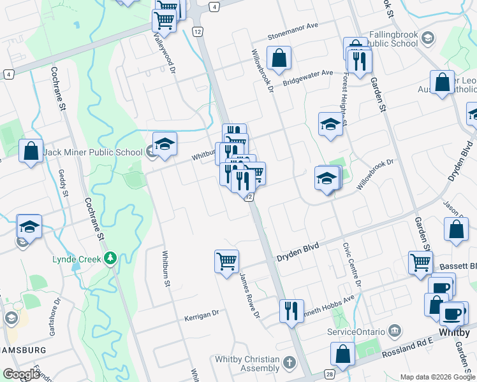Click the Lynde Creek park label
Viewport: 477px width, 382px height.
[x=75, y=260]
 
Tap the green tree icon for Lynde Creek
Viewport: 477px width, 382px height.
[x=111, y=258]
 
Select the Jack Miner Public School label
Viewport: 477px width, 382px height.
[x=92, y=153]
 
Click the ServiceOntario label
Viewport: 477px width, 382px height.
[x=356, y=332]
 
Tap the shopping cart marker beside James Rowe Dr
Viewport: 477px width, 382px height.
[x=226, y=261]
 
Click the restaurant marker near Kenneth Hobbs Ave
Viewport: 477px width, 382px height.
[x=291, y=311]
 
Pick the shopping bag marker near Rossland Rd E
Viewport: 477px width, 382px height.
[x=342, y=354]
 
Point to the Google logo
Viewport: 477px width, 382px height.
[x=21, y=374]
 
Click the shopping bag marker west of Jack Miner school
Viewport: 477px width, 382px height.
[x=31, y=152]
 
